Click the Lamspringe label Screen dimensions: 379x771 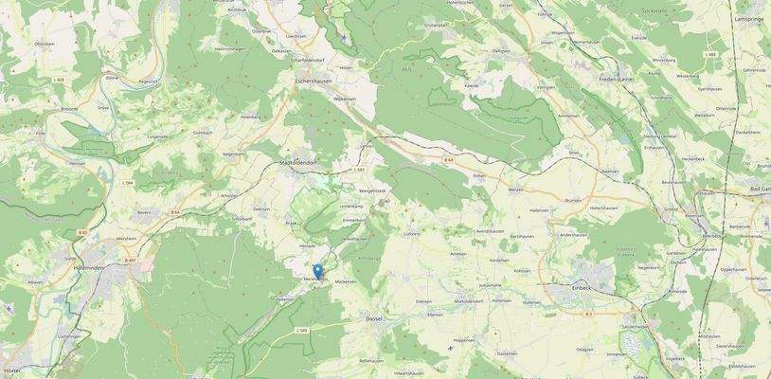tap(748, 19)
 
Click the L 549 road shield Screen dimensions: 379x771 tap(301, 330)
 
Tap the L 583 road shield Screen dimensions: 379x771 tap(358, 170)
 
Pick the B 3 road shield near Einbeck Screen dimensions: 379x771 tap(588, 313)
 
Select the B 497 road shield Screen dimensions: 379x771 tap(131, 259)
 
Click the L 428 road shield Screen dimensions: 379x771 tap(59, 81)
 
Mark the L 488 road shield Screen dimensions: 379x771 tap(709, 55)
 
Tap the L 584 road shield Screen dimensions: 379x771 tap(127, 184)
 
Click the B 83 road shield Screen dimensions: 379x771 tap(83, 232)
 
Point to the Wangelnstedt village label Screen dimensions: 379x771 tap(371, 190)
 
